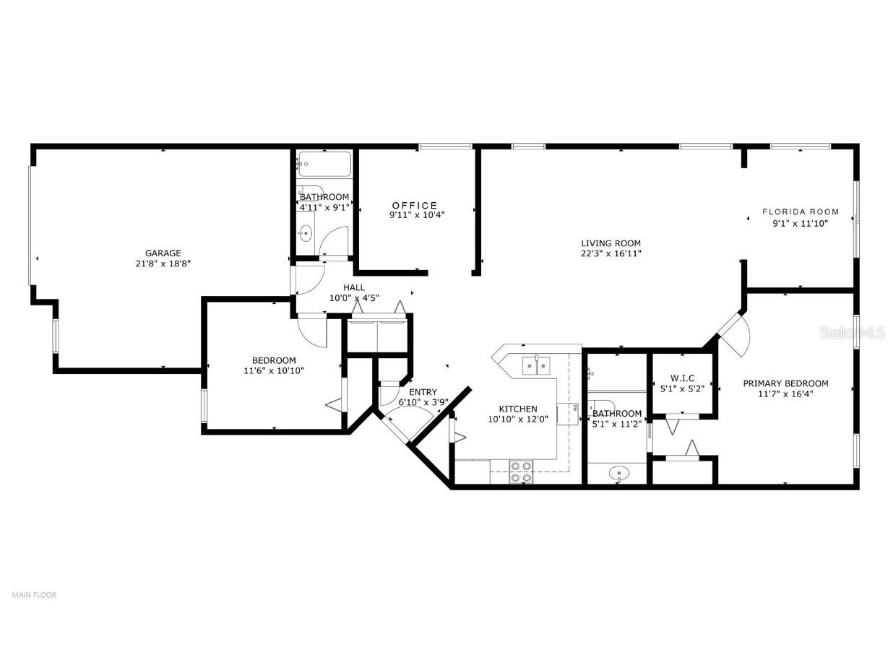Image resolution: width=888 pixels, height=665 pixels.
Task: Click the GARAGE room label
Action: click(x=163, y=253)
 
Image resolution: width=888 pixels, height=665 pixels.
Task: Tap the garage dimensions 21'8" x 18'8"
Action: click(x=163, y=264)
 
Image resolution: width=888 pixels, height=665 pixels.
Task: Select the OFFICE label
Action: click(x=415, y=205)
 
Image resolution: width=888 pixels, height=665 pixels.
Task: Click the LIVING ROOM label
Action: click(x=611, y=243)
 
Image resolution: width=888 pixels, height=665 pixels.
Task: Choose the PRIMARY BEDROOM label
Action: click(x=785, y=383)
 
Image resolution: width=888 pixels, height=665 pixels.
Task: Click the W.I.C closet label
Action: click(x=682, y=378)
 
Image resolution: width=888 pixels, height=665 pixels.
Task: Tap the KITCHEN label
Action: click(x=518, y=409)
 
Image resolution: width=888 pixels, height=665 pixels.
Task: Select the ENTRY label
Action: click(x=423, y=392)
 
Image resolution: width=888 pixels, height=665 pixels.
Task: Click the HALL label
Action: click(x=354, y=287)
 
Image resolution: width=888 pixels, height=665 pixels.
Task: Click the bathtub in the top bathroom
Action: click(x=324, y=163)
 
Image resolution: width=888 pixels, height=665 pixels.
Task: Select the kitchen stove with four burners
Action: click(x=521, y=472)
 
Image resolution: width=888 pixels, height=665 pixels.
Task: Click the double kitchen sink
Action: click(x=537, y=366)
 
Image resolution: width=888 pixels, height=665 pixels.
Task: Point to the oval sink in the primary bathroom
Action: click(x=618, y=474)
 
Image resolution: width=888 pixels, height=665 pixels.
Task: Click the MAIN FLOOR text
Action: click(x=34, y=595)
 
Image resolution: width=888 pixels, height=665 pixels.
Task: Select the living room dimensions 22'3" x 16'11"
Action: click(x=611, y=253)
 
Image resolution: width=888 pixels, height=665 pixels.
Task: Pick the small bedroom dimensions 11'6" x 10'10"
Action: click(x=274, y=370)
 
